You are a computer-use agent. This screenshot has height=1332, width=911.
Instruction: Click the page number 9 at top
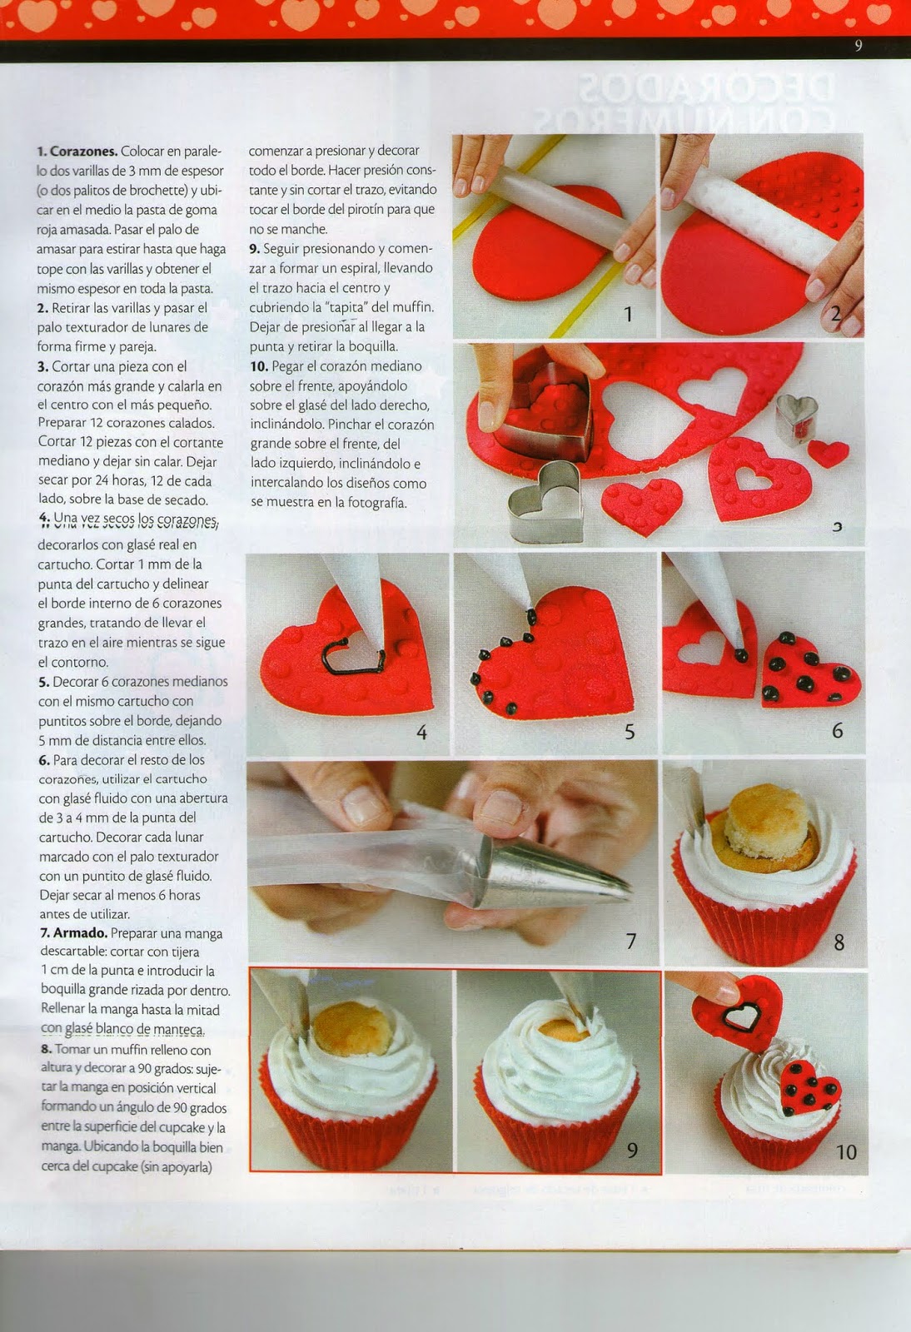[x=859, y=47]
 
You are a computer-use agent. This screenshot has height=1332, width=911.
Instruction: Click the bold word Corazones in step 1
[x=82, y=152]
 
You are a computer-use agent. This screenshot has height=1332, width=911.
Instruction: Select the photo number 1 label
[x=629, y=314]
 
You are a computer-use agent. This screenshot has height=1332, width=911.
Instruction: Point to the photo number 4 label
[x=421, y=732]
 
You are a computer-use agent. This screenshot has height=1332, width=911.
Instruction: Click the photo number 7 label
[x=631, y=941]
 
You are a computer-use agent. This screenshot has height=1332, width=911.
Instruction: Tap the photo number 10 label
[x=845, y=1151]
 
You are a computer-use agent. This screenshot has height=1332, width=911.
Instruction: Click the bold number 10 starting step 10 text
[x=258, y=366]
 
